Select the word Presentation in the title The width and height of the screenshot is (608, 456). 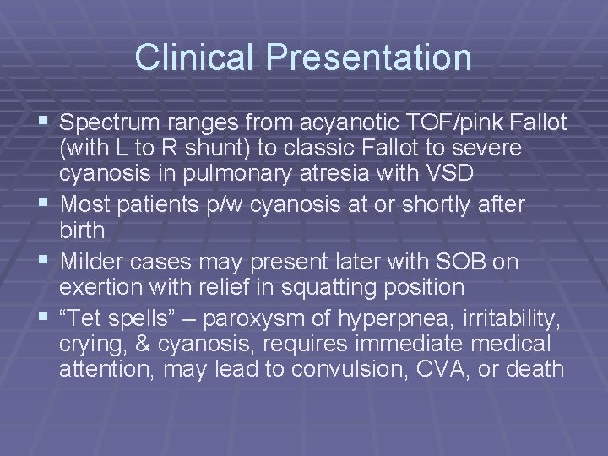[x=369, y=57]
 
